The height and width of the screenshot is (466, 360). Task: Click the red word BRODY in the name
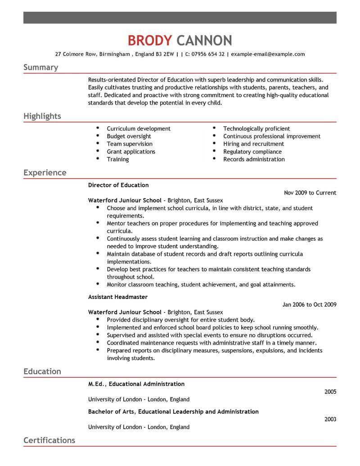point(149,40)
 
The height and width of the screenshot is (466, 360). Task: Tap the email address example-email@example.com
point(268,54)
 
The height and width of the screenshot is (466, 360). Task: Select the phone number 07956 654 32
point(208,54)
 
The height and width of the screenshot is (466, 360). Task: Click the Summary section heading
point(40,68)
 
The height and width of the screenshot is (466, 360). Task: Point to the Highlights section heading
point(42,116)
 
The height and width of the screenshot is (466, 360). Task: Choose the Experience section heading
point(45,172)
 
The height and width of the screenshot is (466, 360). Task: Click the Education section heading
point(42,371)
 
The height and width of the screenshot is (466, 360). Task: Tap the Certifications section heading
point(49,440)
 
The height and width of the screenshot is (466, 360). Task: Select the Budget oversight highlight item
point(129,136)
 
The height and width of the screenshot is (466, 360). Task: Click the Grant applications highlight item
point(131,151)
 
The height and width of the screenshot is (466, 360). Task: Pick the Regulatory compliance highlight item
point(252,151)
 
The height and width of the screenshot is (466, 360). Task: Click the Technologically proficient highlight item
point(256,128)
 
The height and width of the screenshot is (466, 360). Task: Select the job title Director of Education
point(118,185)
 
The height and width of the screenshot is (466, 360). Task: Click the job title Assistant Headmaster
point(118,297)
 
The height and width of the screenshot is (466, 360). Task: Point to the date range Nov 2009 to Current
point(310,193)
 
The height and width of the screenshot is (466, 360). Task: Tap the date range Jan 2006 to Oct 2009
point(309,305)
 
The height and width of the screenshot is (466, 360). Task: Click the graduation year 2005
point(330,392)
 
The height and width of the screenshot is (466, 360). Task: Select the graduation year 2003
point(330,419)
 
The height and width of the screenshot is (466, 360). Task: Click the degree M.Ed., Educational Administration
point(136,384)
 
